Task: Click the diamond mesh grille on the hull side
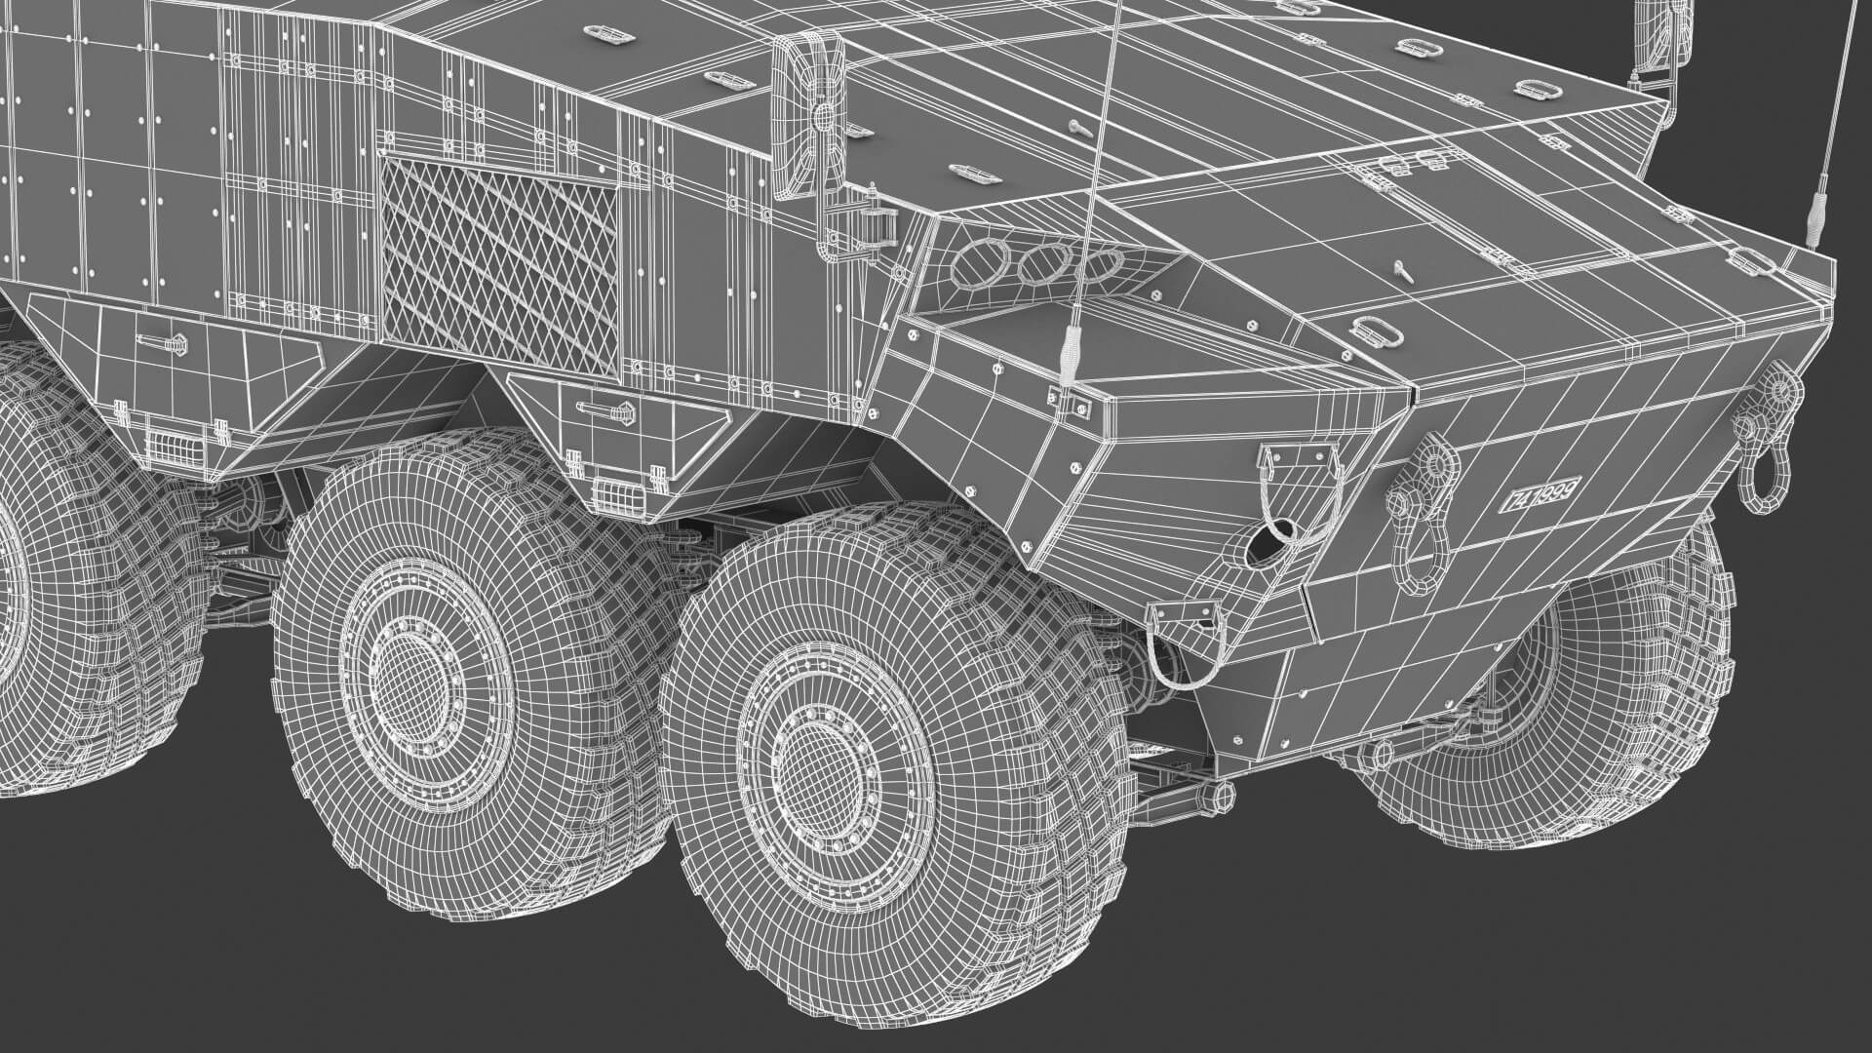(x=498, y=262)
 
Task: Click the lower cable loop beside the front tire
(x=1180, y=643)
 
